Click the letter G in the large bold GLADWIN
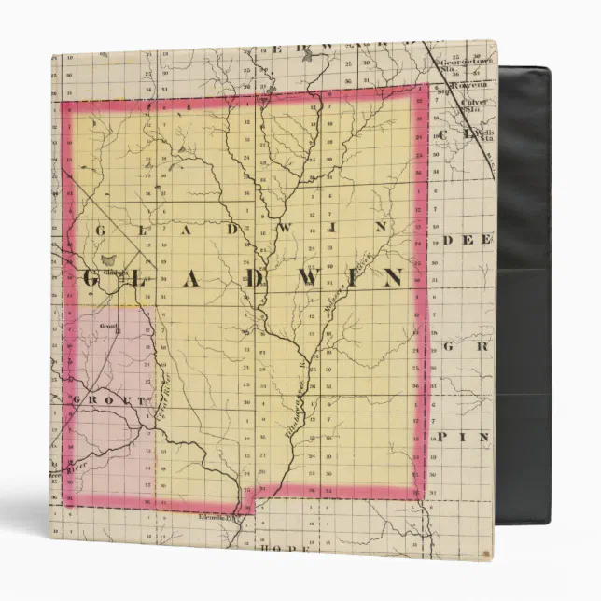94,279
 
